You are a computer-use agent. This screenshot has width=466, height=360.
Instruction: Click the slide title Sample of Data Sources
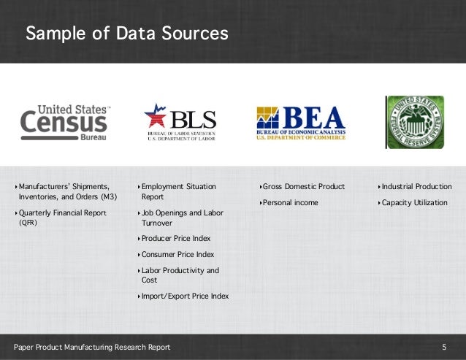(126, 34)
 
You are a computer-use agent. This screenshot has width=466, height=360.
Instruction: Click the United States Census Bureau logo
(66, 122)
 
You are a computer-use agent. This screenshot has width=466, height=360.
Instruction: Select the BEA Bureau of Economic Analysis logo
(300, 122)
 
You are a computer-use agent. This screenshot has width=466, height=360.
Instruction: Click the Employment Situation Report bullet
(178, 192)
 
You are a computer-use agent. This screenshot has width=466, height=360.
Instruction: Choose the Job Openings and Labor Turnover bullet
(182, 218)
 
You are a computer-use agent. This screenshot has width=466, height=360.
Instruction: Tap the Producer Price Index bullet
(175, 239)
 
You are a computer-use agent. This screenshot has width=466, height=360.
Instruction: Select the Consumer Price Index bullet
(177, 255)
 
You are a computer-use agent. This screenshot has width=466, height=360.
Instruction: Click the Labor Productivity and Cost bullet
(180, 275)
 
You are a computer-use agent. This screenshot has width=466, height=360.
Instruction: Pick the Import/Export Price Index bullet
(185, 296)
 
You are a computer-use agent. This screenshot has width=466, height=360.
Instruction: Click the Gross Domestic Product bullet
(303, 187)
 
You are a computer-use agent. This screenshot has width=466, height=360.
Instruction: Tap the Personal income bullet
(290, 203)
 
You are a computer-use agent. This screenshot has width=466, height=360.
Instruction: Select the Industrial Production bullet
(416, 187)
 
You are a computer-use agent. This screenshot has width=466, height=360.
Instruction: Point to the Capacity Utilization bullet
(414, 203)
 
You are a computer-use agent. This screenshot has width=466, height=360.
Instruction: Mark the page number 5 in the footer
(444, 348)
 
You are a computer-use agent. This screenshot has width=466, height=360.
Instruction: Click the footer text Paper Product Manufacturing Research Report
(92, 348)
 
